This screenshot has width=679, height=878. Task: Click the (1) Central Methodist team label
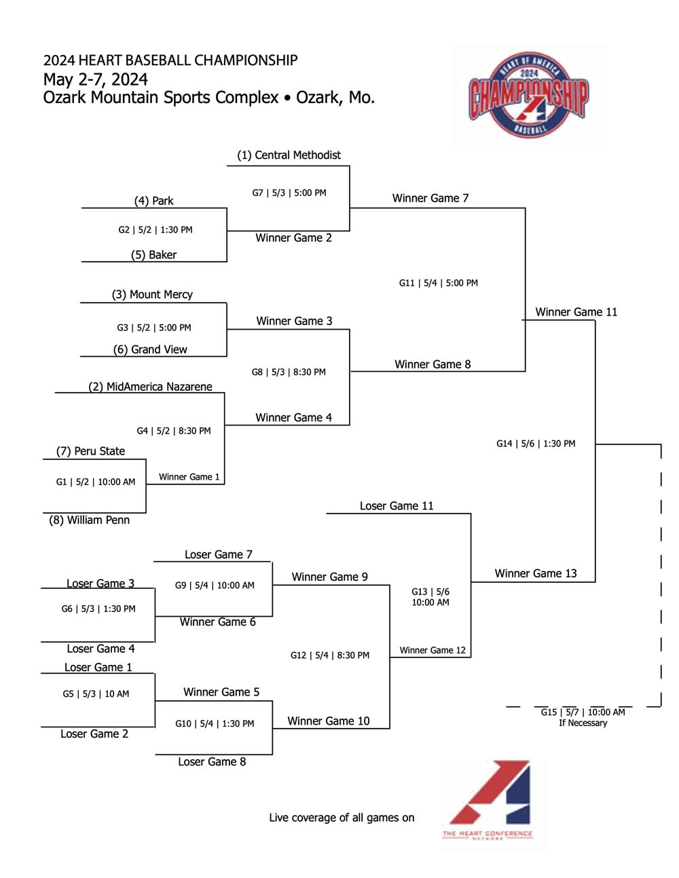pos(289,155)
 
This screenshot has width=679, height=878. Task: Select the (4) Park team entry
pos(153,201)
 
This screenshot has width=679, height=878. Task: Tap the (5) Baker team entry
pos(153,255)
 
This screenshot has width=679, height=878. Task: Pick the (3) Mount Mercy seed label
pos(152,294)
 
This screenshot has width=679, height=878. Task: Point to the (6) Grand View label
pos(150,349)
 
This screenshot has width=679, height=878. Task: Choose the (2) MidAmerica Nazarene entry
pos(150,387)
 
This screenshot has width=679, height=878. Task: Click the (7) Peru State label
pos(90,451)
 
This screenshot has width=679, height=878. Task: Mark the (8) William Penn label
pos(89,520)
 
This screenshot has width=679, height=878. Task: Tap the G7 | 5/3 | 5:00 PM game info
pos(289,193)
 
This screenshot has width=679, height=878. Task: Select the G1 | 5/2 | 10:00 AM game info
pos(96,482)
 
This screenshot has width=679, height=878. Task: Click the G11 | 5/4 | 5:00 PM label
pos(438,283)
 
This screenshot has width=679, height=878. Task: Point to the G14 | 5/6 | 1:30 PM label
pos(536,444)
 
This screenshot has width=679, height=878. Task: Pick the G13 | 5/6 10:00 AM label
pos(430,597)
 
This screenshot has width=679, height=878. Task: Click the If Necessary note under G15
pos(583,723)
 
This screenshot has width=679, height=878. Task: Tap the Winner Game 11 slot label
pos(576,312)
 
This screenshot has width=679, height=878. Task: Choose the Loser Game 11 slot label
pos(397,506)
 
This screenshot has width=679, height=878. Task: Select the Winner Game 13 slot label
pos(536,573)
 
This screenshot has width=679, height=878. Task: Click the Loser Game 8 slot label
pos(212,762)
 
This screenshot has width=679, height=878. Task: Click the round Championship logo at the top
pos(528,95)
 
